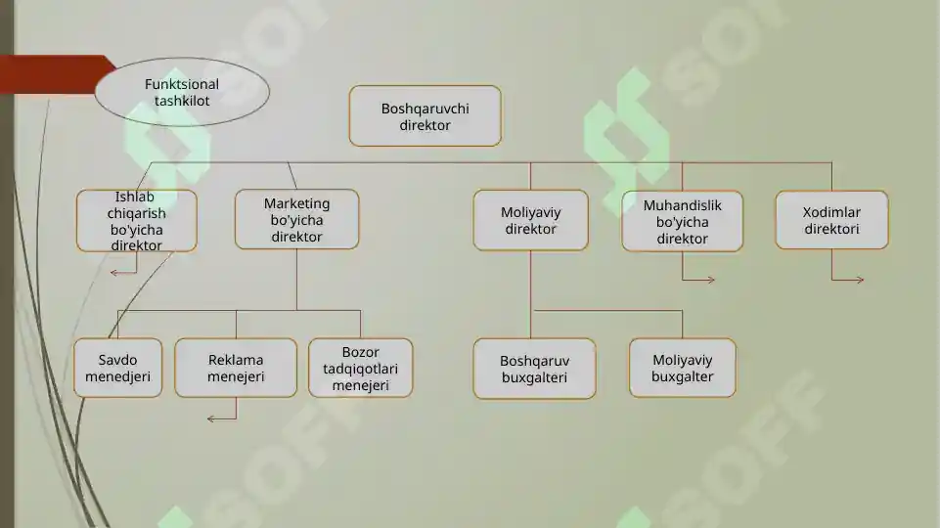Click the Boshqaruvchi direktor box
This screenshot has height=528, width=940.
coord(425,115)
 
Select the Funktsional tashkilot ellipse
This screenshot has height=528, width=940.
coord(182,92)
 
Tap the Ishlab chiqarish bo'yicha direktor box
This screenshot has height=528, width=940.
coord(137,221)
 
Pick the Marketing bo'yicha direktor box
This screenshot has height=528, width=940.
coord(296,219)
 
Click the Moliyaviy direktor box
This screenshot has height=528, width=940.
coord(530,220)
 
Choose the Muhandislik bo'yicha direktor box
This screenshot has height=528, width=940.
coord(682,221)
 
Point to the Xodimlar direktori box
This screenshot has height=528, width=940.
coord(831,220)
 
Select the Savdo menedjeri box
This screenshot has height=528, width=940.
coord(117,368)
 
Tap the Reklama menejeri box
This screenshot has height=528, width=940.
coord(236,368)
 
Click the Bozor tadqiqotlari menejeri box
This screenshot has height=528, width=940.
coord(360,368)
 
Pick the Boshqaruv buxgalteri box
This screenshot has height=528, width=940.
coord(534,369)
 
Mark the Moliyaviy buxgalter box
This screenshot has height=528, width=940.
coord(682,368)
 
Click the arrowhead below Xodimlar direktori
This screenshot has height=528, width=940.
coord(860,280)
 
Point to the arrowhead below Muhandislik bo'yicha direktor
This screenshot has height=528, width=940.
coord(711,280)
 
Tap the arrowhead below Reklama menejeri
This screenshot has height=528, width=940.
coord(210,418)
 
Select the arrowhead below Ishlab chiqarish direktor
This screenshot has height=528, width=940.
coord(113,274)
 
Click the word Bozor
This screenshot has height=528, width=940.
coord(360,352)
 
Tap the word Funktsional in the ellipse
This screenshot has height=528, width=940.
coord(182,84)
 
